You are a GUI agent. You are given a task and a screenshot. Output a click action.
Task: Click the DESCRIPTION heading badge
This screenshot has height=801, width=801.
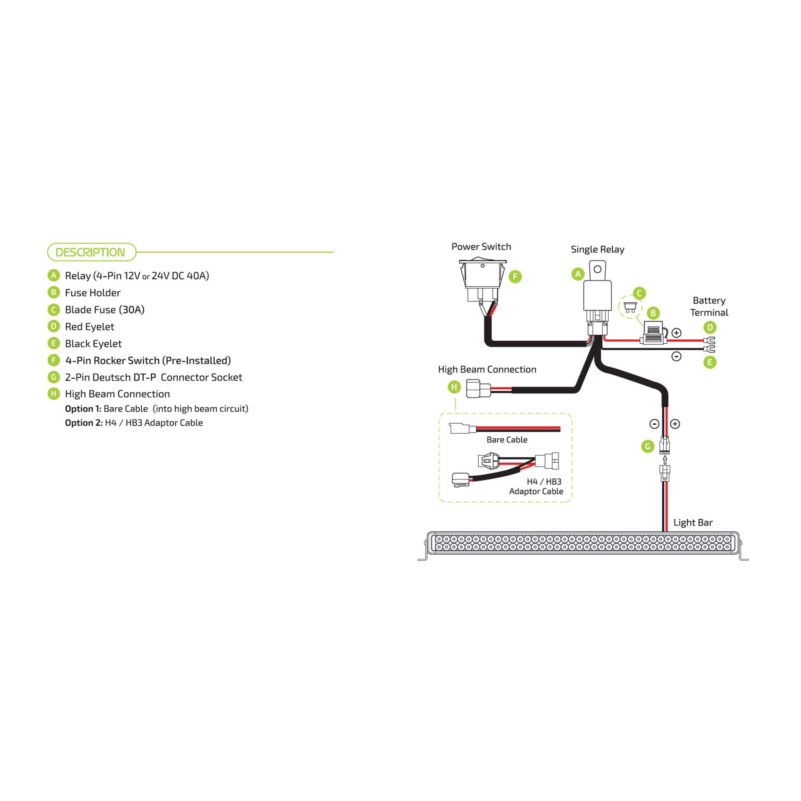point(92,252)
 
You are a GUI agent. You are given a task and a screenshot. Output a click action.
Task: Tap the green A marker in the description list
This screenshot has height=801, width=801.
point(54,275)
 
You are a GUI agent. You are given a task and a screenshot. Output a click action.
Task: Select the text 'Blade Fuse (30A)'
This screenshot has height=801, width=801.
point(104,310)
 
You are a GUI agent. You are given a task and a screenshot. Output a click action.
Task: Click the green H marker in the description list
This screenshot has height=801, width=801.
point(54,393)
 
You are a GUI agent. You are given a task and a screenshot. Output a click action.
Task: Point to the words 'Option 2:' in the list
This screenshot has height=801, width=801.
point(83,423)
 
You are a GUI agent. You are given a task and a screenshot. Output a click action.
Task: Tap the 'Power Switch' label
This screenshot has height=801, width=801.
point(481,247)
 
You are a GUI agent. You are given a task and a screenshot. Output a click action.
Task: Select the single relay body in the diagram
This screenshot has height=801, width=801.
point(597,295)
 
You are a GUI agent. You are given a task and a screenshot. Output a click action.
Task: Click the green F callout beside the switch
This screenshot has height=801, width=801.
point(515,277)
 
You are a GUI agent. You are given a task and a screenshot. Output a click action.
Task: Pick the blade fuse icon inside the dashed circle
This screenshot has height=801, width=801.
point(630,307)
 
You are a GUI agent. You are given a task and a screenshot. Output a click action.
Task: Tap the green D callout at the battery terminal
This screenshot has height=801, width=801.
point(710,327)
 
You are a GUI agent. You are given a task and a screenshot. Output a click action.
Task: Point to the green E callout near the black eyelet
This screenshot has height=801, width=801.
point(710,362)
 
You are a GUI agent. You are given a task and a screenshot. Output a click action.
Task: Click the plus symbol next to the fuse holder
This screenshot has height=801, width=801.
point(676,333)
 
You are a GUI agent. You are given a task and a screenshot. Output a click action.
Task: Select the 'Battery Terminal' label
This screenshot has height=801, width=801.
point(709,306)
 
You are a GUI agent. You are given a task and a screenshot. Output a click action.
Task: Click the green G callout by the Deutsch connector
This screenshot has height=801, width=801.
point(647,447)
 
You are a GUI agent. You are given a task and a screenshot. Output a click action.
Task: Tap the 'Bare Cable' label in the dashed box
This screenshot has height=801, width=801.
point(506,440)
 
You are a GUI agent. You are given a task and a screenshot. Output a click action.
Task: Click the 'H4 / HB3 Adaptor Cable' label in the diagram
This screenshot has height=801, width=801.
point(536,486)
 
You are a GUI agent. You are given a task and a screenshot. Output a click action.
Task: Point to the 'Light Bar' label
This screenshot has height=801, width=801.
point(693,523)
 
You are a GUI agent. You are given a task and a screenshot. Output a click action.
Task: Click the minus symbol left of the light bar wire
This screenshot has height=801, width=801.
point(654,424)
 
